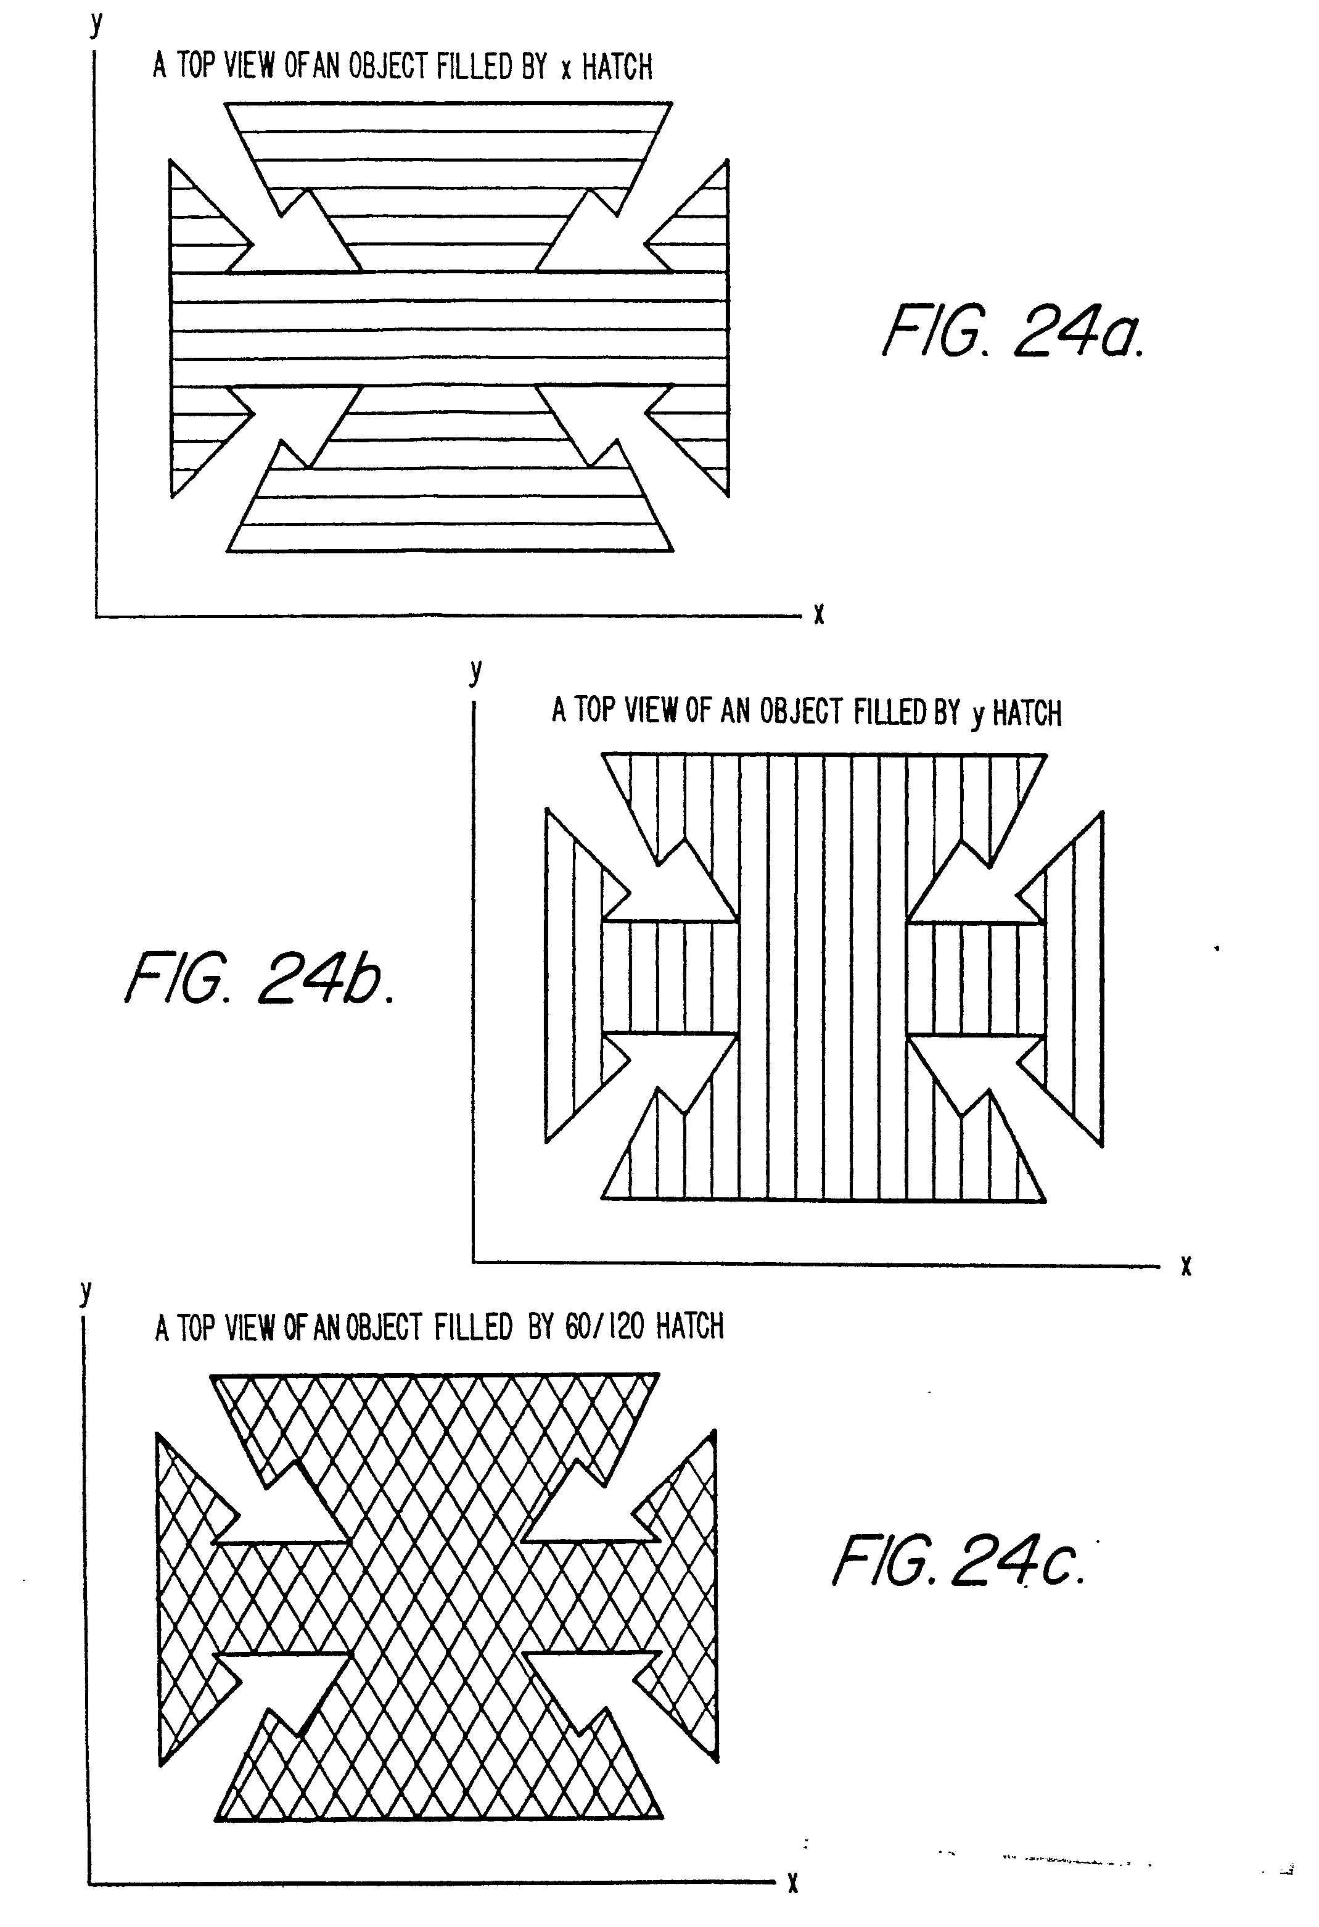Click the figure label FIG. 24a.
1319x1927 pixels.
pos(1013,330)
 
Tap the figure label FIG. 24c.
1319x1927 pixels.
pos(958,1560)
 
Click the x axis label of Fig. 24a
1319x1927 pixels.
pos(818,614)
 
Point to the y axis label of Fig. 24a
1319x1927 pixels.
pos(97,24)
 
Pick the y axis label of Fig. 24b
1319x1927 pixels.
pos(475,671)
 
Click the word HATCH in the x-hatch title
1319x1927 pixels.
pos(617,67)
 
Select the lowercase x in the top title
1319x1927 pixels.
pos(565,70)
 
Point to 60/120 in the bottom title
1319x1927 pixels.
pos(604,1327)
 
